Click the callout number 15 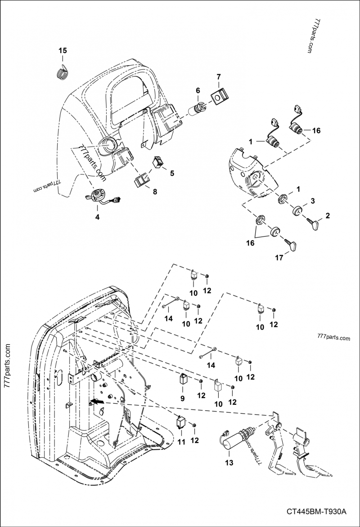63,51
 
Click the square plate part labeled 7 218,97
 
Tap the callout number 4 97,216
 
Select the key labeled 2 313,223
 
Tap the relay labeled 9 183,378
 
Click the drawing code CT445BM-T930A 315,512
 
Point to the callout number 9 183,398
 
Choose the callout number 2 328,215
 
